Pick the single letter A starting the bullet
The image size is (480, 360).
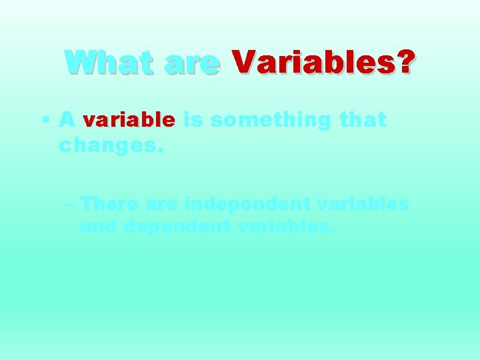66,120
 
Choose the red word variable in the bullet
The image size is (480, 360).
128,120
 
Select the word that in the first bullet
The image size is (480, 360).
363,120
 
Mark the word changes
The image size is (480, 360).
111,145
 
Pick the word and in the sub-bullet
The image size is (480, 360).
99,227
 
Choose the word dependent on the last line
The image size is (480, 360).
177,228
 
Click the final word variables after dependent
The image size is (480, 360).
288,227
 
